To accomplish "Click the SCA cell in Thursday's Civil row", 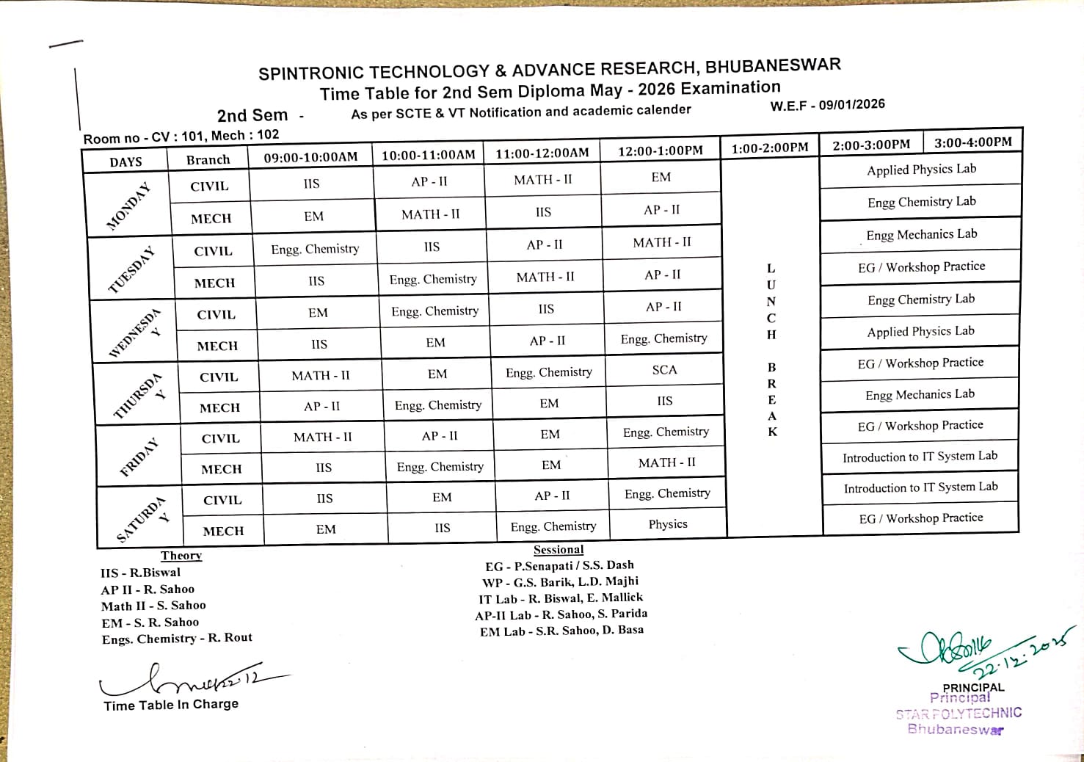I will (x=664, y=370).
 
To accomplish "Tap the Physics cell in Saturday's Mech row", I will (x=668, y=524).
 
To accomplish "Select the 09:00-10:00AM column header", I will (x=310, y=157).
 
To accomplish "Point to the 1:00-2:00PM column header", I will (x=770, y=148).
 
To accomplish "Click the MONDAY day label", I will (x=128, y=206).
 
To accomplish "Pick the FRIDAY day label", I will (x=139, y=457).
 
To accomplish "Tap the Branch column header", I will (x=208, y=160).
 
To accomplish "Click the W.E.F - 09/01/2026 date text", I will (x=827, y=105).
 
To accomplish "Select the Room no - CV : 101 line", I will (x=181, y=137).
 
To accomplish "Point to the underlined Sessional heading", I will (x=559, y=550).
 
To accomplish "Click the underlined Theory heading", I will (x=181, y=556).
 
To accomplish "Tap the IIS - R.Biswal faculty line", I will (x=140, y=573).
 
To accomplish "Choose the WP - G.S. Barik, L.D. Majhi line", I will (x=560, y=582).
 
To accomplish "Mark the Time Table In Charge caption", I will (x=171, y=705).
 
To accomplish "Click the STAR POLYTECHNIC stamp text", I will (x=958, y=713).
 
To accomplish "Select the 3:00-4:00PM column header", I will (x=972, y=142).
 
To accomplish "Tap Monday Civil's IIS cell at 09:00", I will (x=311, y=184).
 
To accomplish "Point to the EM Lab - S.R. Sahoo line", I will (x=561, y=631).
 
